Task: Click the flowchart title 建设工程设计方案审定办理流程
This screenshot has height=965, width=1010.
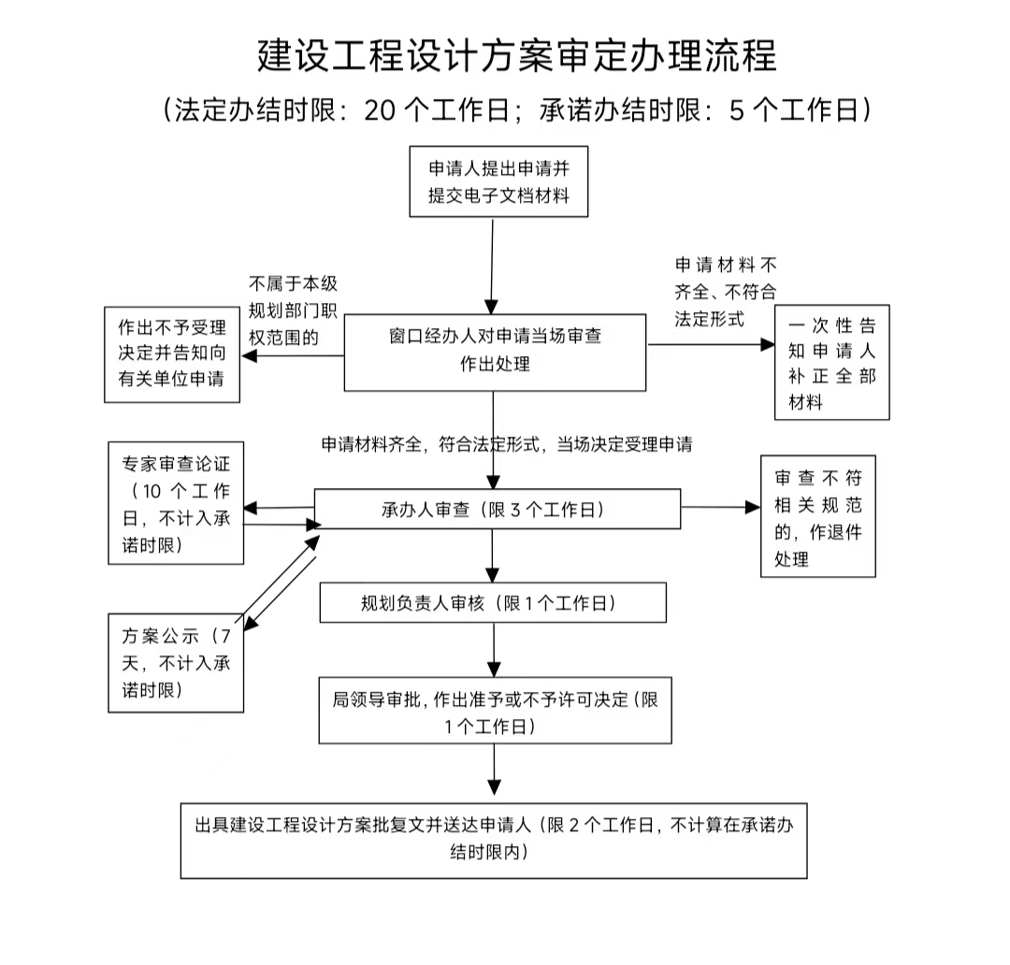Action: click(516, 55)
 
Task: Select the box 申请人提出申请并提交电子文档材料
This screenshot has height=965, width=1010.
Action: click(499, 181)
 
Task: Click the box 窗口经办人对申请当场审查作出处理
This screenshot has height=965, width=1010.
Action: click(495, 352)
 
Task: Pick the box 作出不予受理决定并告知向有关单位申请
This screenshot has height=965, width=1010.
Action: click(171, 354)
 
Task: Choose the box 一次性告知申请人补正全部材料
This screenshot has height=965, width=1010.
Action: click(831, 363)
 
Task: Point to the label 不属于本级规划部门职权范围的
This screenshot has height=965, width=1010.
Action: click(293, 310)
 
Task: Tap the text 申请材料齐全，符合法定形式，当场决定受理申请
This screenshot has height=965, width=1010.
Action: click(506, 444)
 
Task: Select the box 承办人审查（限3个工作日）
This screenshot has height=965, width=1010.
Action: click(497, 510)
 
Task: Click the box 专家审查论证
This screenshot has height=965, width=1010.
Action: click(176, 504)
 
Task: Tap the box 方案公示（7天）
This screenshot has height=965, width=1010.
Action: click(176, 664)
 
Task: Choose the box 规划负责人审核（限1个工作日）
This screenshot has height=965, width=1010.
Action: click(493, 603)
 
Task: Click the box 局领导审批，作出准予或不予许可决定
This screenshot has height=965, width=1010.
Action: click(495, 712)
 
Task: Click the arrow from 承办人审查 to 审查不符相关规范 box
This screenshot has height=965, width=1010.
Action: click(720, 507)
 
